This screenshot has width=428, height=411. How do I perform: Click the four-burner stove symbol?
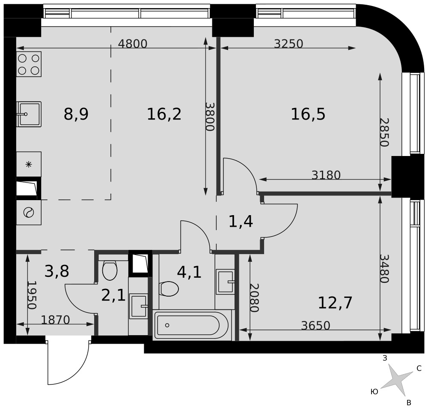(29, 64)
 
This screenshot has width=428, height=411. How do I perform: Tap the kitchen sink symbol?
(29, 114)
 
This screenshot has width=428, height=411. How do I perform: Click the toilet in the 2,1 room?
(110, 270)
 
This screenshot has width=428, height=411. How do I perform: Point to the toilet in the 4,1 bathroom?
(169, 288)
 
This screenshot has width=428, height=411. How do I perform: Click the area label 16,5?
(308, 114)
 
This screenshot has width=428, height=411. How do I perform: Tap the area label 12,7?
(336, 303)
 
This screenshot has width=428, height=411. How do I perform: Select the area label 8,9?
(76, 114)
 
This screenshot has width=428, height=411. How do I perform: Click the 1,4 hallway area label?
(241, 221)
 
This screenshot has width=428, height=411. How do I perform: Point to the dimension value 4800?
(133, 44)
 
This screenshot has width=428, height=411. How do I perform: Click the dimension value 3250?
(288, 44)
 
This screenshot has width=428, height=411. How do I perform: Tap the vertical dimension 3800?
(210, 117)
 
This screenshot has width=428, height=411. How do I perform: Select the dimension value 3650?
(316, 325)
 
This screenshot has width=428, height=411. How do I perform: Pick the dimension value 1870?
(55, 320)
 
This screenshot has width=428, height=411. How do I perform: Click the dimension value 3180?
(326, 175)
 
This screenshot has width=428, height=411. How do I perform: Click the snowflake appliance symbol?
(29, 165)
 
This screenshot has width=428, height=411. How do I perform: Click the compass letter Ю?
(374, 392)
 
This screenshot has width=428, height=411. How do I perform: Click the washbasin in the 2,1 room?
(138, 306)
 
